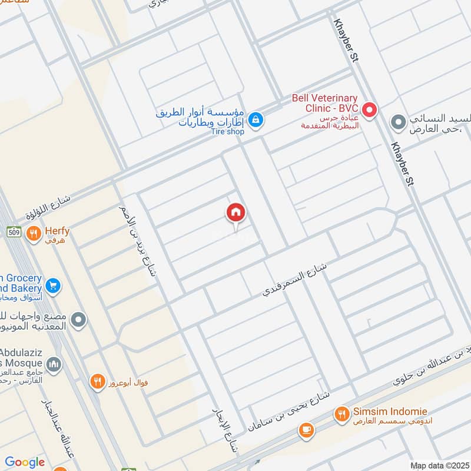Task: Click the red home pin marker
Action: (236, 213)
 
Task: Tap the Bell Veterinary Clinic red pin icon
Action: (369, 109)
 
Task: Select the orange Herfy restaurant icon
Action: (34, 233)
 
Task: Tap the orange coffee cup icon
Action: (306, 431)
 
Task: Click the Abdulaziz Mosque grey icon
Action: (54, 365)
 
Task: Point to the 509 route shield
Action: (15, 233)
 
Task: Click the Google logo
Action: (25, 462)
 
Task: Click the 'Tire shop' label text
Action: (227, 132)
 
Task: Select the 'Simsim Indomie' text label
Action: (390, 412)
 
